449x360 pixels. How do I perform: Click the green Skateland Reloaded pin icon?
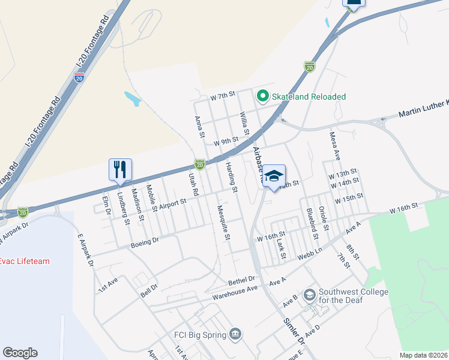(262, 96)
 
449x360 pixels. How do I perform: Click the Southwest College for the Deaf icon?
(309, 295)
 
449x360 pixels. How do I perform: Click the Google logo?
(20, 353)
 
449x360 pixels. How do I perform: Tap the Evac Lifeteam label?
(25, 261)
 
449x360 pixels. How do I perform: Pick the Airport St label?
(173, 202)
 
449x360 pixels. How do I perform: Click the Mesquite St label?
(222, 223)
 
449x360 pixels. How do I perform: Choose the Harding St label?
(232, 176)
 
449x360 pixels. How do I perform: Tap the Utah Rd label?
(193, 185)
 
